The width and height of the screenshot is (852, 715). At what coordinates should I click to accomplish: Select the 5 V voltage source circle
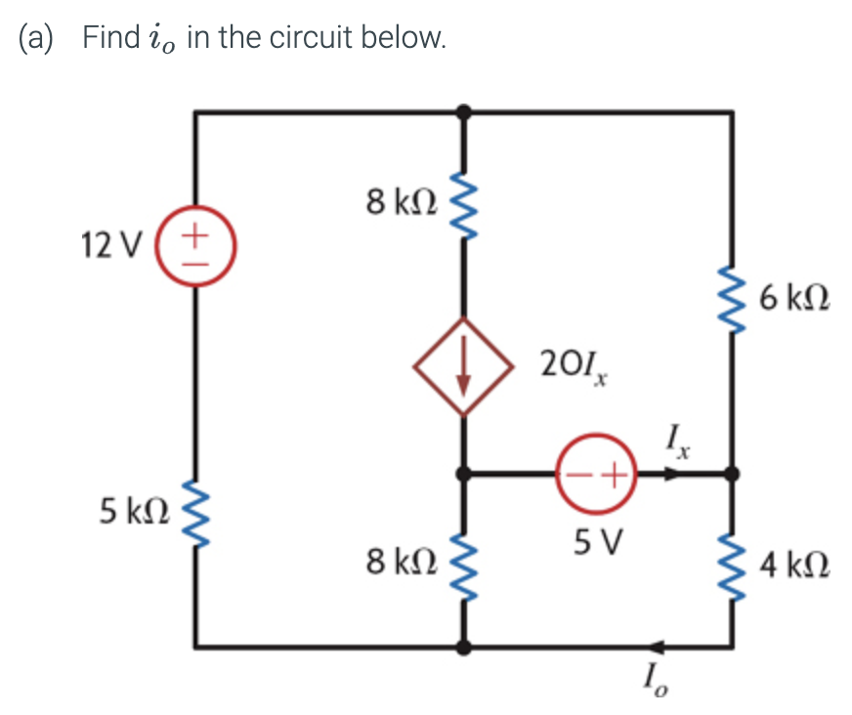click(597, 475)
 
